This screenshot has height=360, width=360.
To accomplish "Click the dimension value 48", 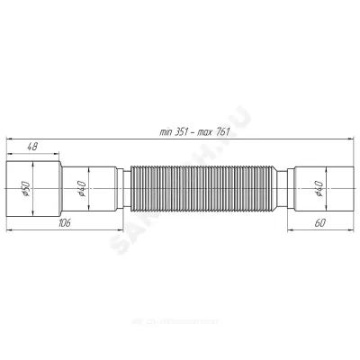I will pyautogui.click(x=31, y=146).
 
